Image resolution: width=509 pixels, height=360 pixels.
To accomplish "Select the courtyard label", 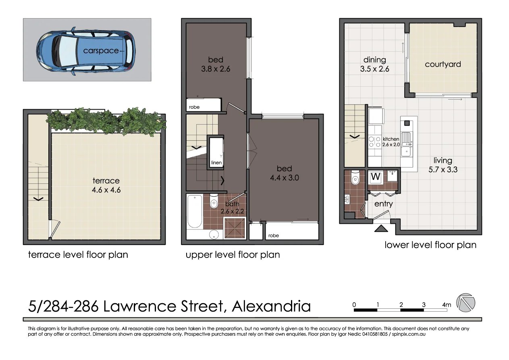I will pos(443,64).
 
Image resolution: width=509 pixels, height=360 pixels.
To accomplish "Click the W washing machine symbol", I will pos(376,177).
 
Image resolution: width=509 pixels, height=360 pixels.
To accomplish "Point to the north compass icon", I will pos(465,302).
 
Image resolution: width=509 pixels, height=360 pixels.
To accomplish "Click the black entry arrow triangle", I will pos(381,229).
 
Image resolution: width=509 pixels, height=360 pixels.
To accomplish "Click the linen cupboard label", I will pos(216,162).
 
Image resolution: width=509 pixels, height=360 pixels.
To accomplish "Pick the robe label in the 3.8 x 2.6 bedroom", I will pos(194,107).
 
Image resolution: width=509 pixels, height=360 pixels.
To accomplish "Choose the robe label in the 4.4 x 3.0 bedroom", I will pos(273,235).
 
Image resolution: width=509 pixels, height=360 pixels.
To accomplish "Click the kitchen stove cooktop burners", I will pos(375,142).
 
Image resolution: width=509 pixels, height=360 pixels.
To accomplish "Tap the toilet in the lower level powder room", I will pos(355,179).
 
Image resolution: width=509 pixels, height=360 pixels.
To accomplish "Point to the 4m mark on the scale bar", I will pos(446,305).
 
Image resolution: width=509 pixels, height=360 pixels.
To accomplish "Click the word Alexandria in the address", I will pos(271,306).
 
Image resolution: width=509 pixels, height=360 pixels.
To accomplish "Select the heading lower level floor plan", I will pos(430,245).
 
